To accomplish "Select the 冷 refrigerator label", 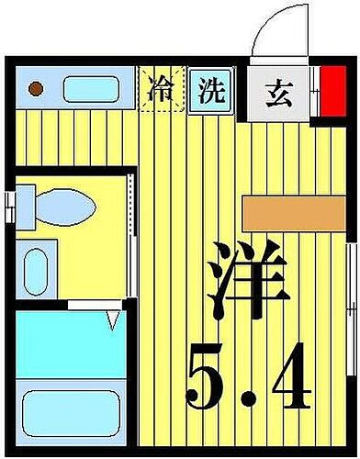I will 160,90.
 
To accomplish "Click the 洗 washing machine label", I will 212,90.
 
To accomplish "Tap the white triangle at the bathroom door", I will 114,319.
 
